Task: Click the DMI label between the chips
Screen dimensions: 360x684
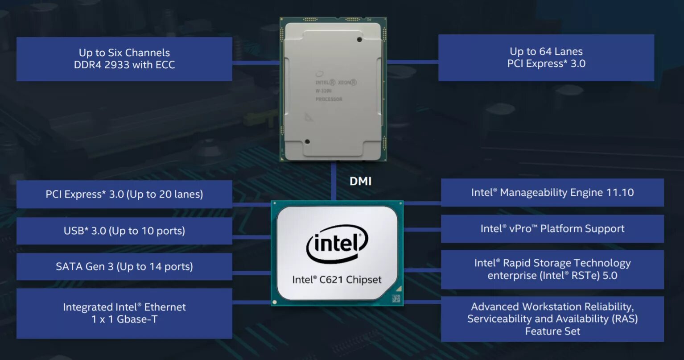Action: tap(360, 181)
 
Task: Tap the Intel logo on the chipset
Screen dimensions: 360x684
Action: tap(337, 244)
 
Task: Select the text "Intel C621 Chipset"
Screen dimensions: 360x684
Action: tap(337, 280)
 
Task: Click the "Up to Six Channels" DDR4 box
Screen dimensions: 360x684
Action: tap(124, 59)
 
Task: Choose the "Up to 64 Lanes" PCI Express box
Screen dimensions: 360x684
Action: tap(546, 58)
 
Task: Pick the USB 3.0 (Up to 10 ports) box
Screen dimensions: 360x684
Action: tap(124, 231)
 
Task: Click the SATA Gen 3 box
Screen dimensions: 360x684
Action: tap(124, 267)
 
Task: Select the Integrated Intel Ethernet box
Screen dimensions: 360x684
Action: tap(124, 313)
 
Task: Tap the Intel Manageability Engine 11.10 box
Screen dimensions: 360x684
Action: tap(552, 193)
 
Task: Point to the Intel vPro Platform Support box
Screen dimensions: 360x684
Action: tap(552, 229)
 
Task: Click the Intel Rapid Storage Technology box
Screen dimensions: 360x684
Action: tap(552, 269)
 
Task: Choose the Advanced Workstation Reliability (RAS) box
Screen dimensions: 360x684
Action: tap(552, 319)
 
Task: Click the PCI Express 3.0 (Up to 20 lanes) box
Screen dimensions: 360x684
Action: tap(124, 194)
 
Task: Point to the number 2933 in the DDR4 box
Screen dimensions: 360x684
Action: tap(117, 65)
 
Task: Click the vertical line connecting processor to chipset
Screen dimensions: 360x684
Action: tap(333, 181)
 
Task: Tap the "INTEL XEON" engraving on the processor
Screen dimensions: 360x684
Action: tap(336, 83)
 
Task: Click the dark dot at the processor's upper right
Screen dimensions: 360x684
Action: tap(359, 40)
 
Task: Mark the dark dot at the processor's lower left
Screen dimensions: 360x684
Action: tap(307, 142)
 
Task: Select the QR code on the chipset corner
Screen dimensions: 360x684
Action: tap(395, 298)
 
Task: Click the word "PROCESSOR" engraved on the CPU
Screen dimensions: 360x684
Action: tap(329, 99)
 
